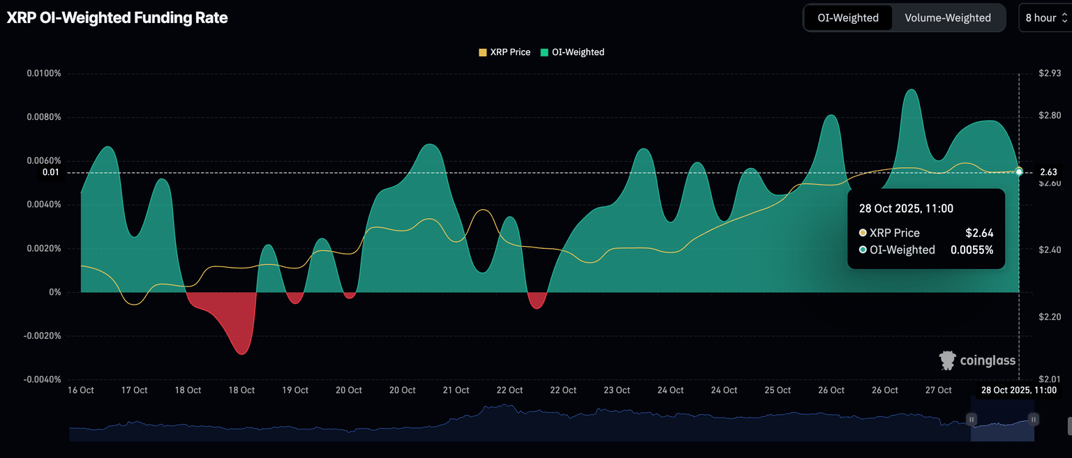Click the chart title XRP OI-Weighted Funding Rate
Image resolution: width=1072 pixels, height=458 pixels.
(x=117, y=18)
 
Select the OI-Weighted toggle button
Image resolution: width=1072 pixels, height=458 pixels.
(x=848, y=18)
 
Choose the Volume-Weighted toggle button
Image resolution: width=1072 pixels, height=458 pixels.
(x=948, y=18)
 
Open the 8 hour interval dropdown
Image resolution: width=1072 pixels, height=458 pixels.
(x=1045, y=18)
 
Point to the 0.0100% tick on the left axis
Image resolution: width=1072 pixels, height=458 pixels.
(x=44, y=73)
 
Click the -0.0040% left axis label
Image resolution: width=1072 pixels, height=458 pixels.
(x=43, y=380)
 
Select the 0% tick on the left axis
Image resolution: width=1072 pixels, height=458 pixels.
(x=54, y=292)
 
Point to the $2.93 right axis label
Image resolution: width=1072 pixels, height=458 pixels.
(x=1050, y=73)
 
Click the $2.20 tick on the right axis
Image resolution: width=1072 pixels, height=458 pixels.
(x=1050, y=317)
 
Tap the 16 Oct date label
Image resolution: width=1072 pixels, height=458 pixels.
(x=81, y=390)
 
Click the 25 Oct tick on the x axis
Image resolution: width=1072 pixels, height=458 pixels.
(x=777, y=390)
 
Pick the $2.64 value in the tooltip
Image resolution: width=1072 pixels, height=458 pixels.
(x=978, y=233)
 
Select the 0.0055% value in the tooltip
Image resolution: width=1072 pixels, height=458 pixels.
(x=971, y=250)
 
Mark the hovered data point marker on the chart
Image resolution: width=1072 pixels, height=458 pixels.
(x=1019, y=171)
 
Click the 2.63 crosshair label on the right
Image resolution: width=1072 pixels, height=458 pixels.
(x=1048, y=172)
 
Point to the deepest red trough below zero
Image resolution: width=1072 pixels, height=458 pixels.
(x=241, y=353)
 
